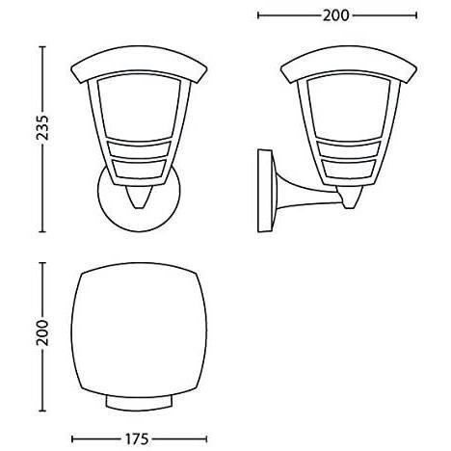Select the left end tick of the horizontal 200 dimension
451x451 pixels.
point(260,15)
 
